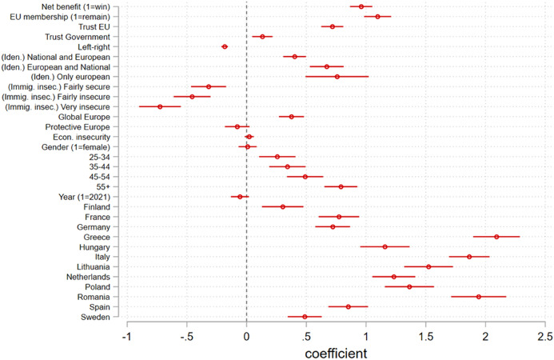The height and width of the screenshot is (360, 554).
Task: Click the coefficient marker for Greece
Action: [x=496, y=237]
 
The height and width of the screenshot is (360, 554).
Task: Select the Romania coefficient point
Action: [x=479, y=297]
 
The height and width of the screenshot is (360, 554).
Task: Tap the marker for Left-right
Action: [x=225, y=46]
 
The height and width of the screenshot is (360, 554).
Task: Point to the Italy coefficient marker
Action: [x=469, y=257]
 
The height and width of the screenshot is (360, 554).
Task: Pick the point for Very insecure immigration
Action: [x=160, y=106]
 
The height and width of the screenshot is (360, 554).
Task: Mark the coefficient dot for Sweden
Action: [x=305, y=317]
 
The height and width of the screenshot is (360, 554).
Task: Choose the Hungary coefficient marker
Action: [x=385, y=246]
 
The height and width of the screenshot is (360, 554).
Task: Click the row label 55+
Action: [x=111, y=186]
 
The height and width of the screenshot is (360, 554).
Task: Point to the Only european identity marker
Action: [x=337, y=77]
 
